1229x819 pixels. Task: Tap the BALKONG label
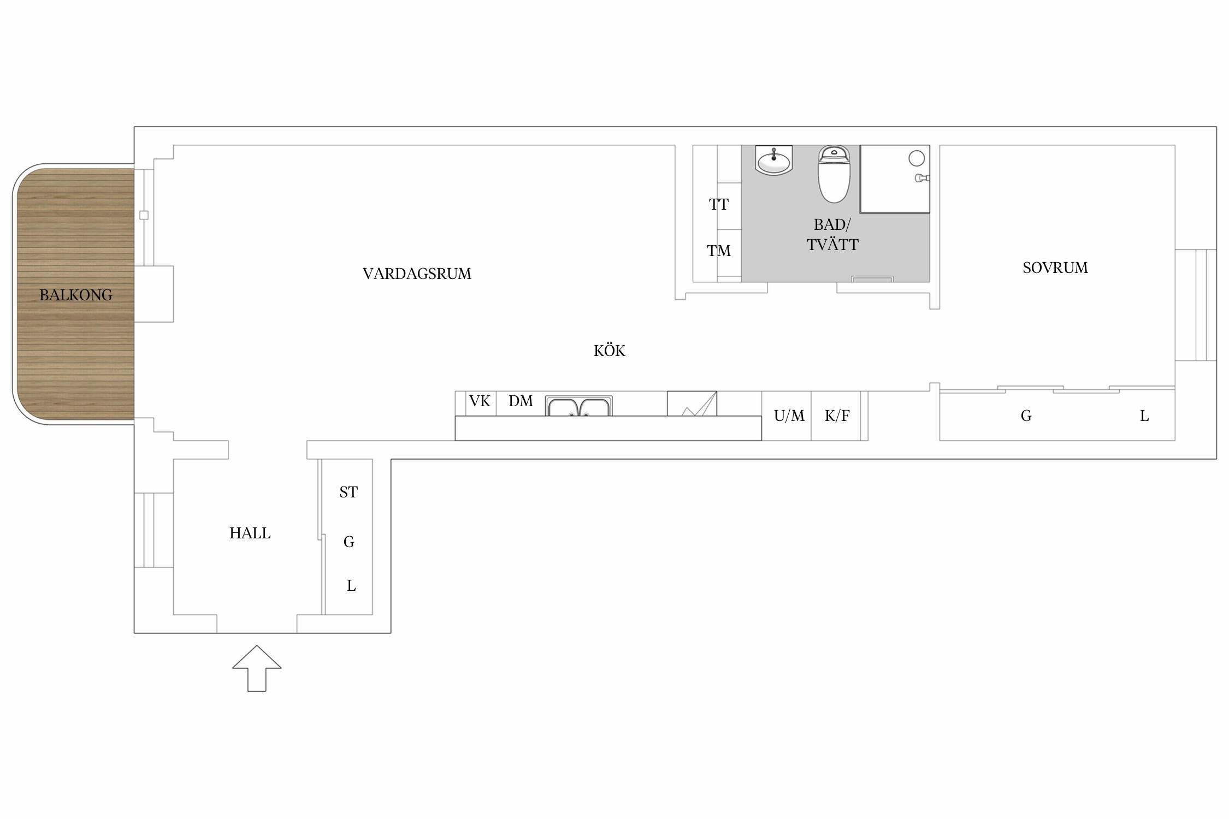tap(76, 295)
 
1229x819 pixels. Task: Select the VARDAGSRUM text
tap(417, 274)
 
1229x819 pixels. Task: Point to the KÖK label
tap(610, 350)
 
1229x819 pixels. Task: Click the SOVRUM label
tap(1055, 268)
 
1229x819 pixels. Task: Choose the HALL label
tap(250, 533)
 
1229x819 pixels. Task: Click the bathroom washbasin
tap(774, 161)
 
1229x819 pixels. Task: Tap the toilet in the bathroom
tap(834, 174)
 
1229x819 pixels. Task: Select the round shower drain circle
tap(917, 158)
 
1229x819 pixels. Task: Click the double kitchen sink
tap(579, 406)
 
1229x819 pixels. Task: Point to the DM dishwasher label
tap(521, 401)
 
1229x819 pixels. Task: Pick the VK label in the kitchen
tap(480, 401)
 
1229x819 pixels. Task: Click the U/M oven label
tap(789, 416)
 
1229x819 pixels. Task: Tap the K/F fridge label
tap(837, 416)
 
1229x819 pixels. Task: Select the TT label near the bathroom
tap(719, 204)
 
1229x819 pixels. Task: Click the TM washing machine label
tap(719, 251)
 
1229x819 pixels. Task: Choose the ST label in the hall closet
tap(348, 492)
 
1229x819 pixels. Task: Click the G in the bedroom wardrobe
tap(1026, 416)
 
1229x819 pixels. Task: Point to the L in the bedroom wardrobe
tap(1144, 416)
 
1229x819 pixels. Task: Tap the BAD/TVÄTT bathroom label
tap(832, 234)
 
